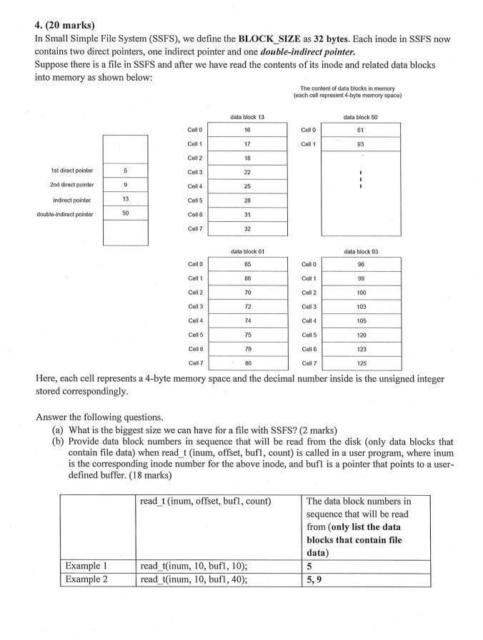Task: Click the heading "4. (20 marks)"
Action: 65,26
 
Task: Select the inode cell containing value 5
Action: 125,171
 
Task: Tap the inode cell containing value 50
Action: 125,213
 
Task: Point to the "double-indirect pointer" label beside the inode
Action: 62,213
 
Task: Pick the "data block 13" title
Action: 247,116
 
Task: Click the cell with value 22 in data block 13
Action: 247,172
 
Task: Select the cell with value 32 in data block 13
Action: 247,228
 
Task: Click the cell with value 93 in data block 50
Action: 360,144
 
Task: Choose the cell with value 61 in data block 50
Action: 360,130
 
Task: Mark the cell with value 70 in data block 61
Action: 247,293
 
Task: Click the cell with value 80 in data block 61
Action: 247,362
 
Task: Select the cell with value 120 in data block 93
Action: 360,335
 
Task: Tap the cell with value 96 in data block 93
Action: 360,265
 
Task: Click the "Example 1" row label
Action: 86,566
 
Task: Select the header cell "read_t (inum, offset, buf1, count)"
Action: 205,501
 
